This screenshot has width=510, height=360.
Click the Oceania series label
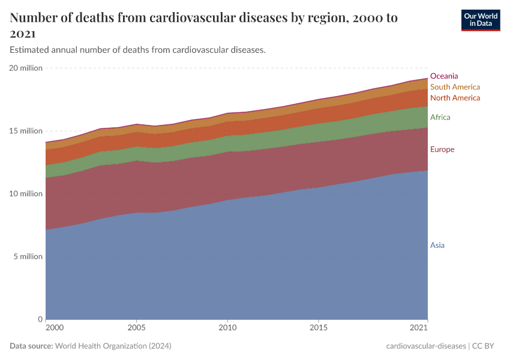point(444,76)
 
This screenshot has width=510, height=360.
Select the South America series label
point(455,87)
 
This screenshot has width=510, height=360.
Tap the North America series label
point(455,98)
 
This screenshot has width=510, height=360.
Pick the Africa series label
point(440,118)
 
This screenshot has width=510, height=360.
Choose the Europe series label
point(442,149)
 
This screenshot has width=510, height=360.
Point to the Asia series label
point(437,245)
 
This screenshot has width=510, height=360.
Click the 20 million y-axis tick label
point(26,68)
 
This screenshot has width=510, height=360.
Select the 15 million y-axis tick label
point(26,131)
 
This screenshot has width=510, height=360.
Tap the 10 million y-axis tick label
point(26,194)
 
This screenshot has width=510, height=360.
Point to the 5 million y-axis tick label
point(28,257)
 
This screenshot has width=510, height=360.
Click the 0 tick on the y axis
point(40,319)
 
